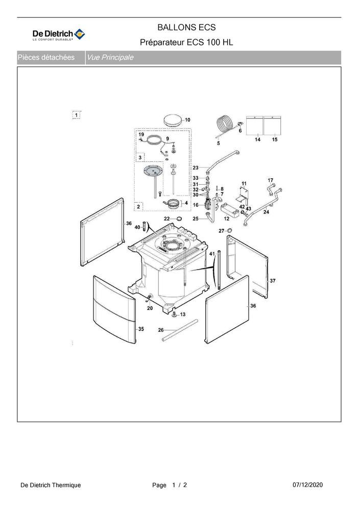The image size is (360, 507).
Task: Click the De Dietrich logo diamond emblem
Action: [x=80, y=34]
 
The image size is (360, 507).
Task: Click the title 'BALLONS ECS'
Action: [x=186, y=28]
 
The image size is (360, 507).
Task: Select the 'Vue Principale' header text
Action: [x=110, y=58]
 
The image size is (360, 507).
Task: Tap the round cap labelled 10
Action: [x=174, y=120]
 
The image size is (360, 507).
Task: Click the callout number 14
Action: [x=257, y=140]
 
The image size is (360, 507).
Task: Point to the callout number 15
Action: [x=275, y=140]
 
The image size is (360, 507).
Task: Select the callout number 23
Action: [x=196, y=168]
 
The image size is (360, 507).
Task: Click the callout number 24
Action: [x=266, y=212]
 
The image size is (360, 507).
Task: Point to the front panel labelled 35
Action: [x=114, y=310]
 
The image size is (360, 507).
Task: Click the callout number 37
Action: [x=273, y=281]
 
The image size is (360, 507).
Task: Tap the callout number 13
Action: [x=183, y=315]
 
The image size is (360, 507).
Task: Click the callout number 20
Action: [x=150, y=308]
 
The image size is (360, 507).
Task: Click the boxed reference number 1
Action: [x=76, y=115]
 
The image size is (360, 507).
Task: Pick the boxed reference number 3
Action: [x=140, y=157]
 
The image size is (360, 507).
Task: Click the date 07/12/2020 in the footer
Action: [x=307, y=485]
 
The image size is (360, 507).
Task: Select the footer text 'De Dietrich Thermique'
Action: [x=51, y=485]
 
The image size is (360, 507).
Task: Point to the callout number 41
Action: [x=212, y=254]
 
